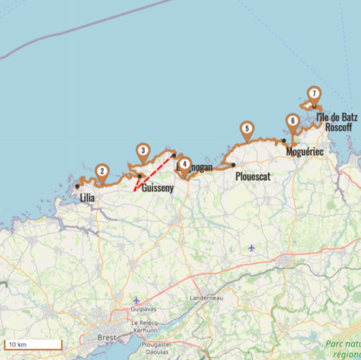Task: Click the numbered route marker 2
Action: click(x=102, y=171)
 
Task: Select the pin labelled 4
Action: click(x=184, y=164)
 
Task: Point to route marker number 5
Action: click(x=246, y=129)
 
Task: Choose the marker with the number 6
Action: click(x=292, y=122)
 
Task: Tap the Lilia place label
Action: click(x=87, y=197)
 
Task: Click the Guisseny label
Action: click(x=157, y=188)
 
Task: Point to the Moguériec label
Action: click(x=305, y=153)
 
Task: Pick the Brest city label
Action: click(x=106, y=337)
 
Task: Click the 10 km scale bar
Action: click(x=32, y=344)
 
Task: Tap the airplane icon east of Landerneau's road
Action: click(x=251, y=248)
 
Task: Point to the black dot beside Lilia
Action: click(x=77, y=186)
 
